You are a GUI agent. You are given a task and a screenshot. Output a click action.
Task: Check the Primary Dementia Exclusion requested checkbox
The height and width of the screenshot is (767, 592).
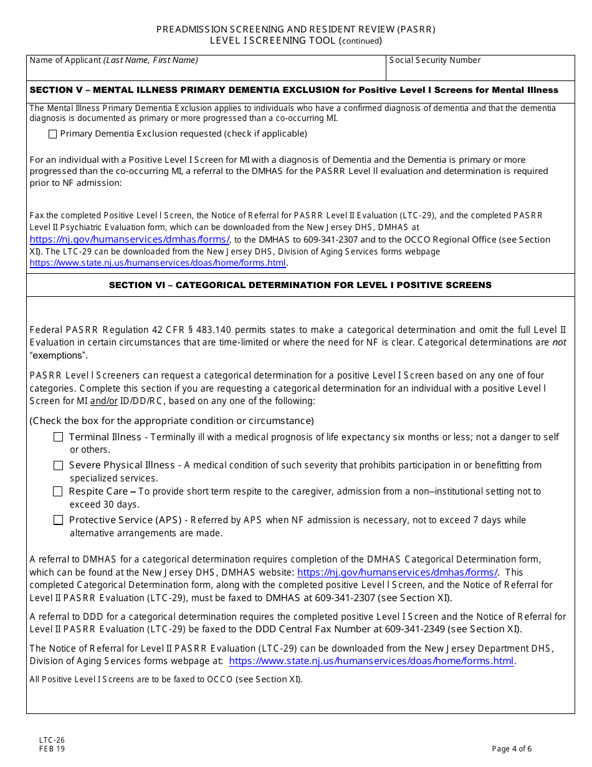click(x=52, y=134)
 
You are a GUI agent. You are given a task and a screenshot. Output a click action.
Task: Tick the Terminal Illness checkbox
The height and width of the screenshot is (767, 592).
click(x=58, y=438)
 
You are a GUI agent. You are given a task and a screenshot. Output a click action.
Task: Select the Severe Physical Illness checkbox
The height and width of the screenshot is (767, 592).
click(x=58, y=466)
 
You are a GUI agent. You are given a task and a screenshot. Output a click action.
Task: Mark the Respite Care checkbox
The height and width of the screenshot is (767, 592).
click(x=58, y=492)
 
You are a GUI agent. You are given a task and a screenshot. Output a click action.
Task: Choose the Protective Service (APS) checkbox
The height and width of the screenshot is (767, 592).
click(x=58, y=520)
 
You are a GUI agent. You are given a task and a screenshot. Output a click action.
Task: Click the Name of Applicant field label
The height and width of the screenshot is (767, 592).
click(x=114, y=60)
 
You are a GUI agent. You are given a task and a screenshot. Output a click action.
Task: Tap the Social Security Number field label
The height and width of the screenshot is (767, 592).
click(x=435, y=60)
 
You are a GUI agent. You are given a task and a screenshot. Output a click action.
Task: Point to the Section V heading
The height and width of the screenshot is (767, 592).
click(x=294, y=90)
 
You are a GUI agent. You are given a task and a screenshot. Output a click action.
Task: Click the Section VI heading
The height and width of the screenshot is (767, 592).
click(x=300, y=285)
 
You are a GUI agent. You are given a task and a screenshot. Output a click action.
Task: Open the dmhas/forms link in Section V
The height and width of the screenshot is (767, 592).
click(x=130, y=239)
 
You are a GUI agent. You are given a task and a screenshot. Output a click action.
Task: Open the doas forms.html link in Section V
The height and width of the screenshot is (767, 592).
click(x=158, y=263)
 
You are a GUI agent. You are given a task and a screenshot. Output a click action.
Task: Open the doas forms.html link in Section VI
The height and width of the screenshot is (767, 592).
click(x=371, y=662)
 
